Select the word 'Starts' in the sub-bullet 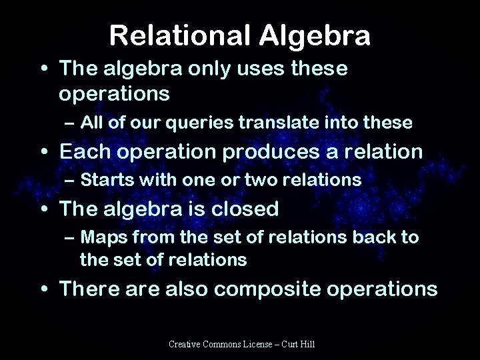tap(103, 179)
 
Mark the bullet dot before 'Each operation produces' tap(45, 153)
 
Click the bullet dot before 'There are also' tap(45, 291)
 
